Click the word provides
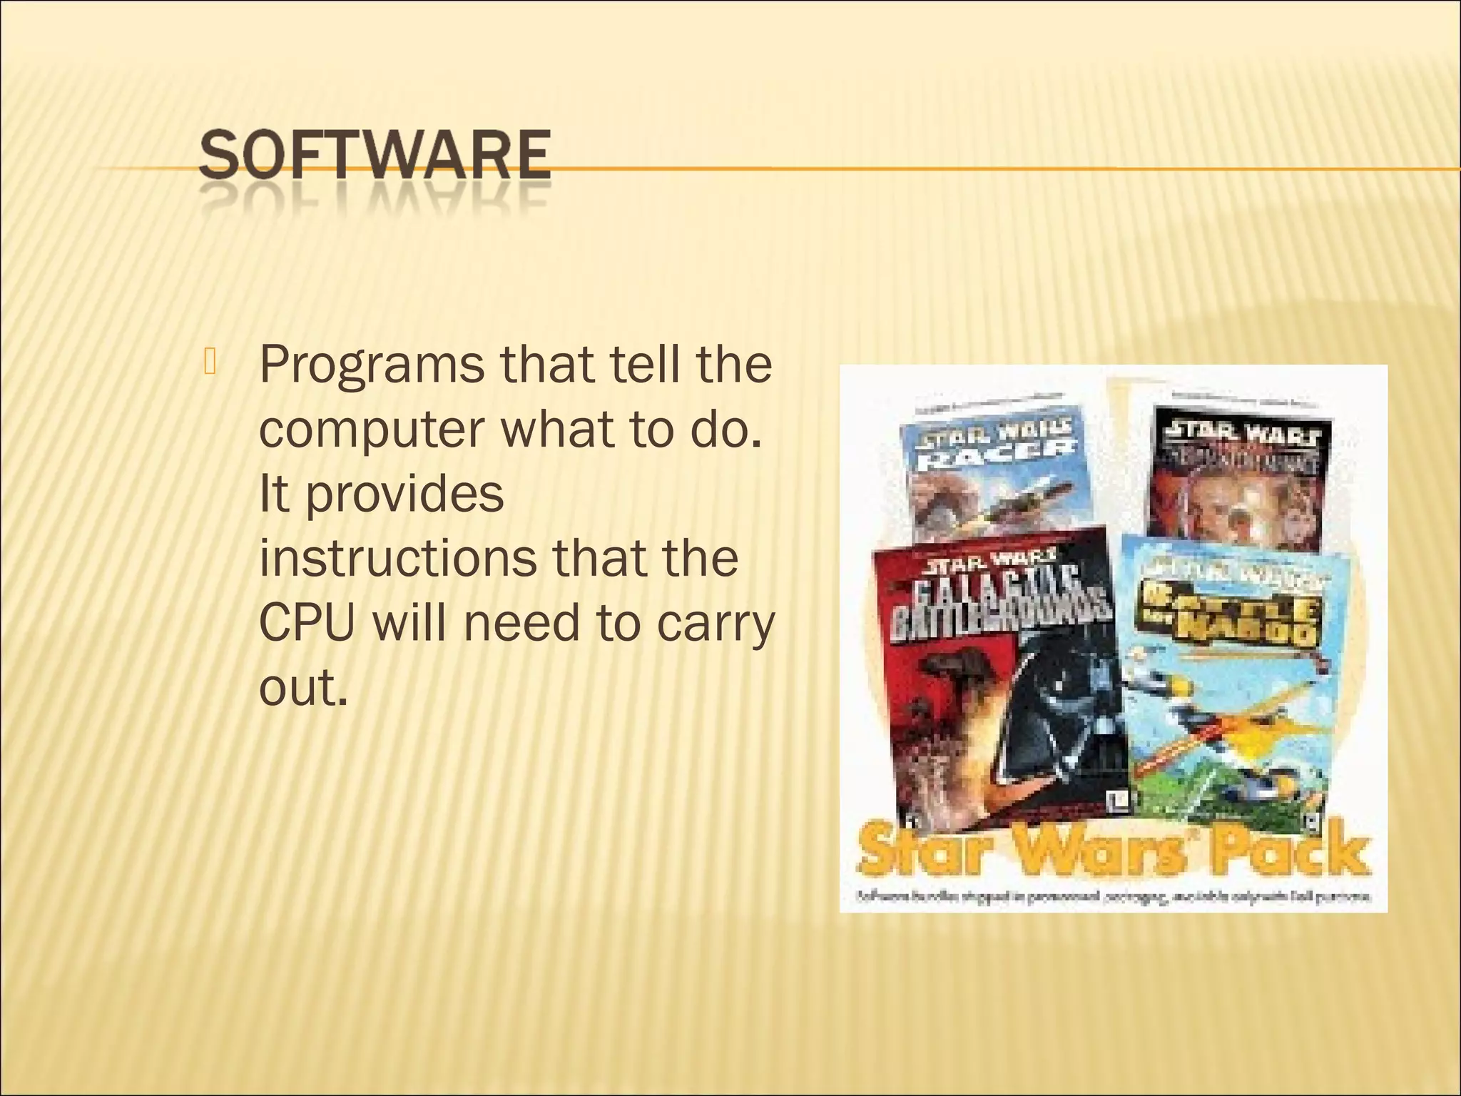[x=404, y=494]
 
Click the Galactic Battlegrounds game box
[x=999, y=678]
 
